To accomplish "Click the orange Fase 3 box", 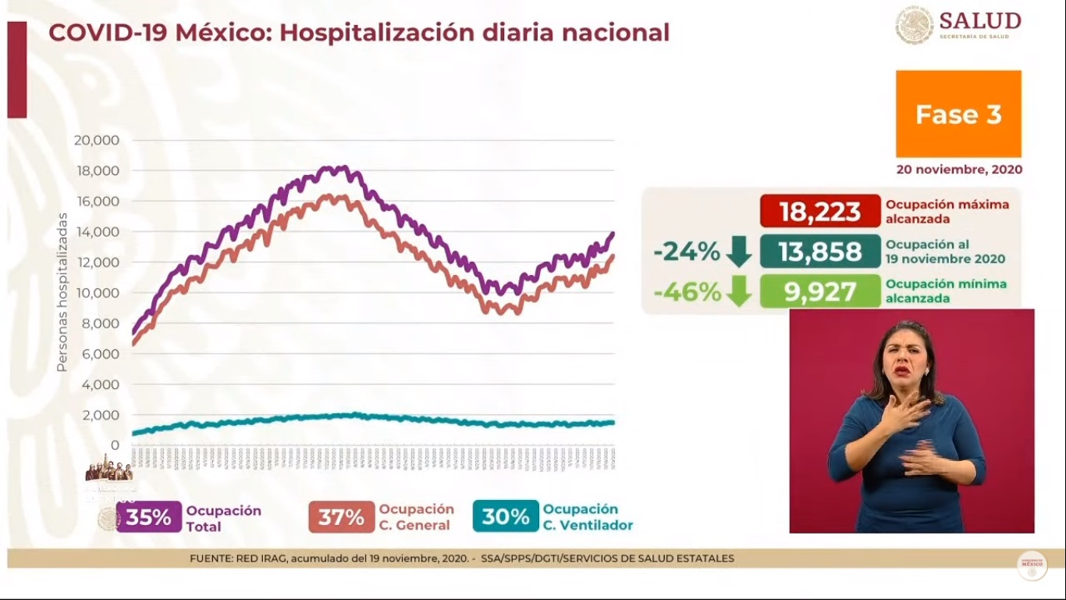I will (x=958, y=114).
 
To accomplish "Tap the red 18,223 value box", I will (x=819, y=211).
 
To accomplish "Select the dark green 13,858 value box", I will (x=819, y=252).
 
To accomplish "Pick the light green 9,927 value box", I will (x=819, y=291).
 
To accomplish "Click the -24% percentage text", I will (x=687, y=252).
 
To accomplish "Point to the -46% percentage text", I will (x=687, y=291).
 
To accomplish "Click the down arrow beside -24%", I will (x=738, y=252).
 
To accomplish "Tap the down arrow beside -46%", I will (x=738, y=291).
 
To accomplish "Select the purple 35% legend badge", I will (x=149, y=517).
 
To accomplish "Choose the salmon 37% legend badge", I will (x=341, y=517).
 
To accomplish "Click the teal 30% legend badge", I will (x=506, y=516).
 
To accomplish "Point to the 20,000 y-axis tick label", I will (x=96, y=141).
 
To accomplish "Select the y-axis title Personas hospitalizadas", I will (x=62, y=293).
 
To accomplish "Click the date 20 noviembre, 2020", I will (x=959, y=170).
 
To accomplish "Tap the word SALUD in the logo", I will (x=979, y=20).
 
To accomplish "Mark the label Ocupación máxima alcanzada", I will (x=947, y=212).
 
